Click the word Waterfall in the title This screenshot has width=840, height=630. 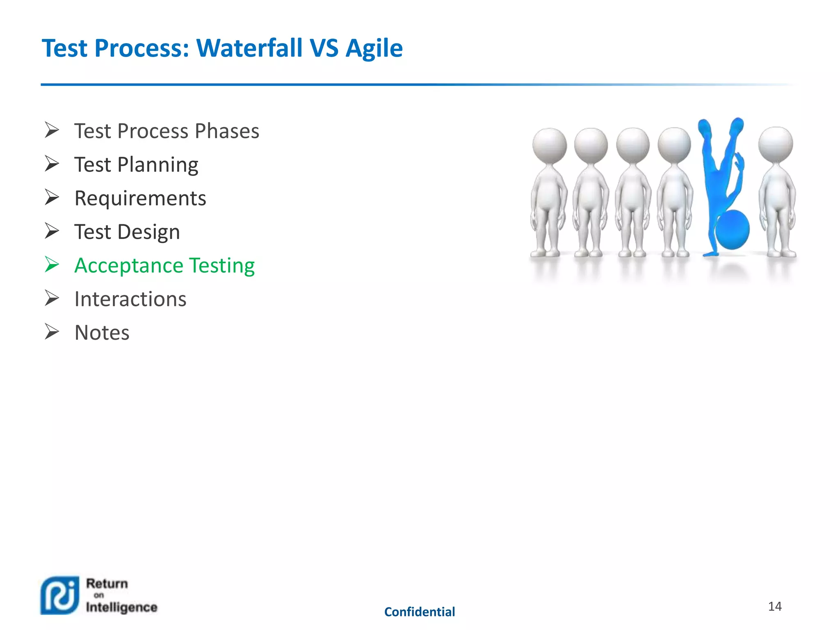point(249,48)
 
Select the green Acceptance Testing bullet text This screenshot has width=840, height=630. point(164,265)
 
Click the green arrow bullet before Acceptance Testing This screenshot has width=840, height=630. point(52,265)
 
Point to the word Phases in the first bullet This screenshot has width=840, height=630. point(227,131)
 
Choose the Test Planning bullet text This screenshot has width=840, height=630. point(136,165)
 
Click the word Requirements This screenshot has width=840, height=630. point(140,199)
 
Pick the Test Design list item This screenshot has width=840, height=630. point(127,232)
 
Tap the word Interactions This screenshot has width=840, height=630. point(130,299)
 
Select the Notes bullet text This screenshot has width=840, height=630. point(102,333)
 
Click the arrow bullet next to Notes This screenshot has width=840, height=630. point(52,332)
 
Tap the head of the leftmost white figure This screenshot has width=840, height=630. point(549,145)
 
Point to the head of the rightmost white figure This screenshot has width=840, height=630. point(775,144)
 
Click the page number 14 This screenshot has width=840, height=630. point(774,606)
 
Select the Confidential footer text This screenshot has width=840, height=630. point(420,612)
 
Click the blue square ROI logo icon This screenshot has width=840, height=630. point(60,595)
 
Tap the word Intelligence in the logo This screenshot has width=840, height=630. point(122,607)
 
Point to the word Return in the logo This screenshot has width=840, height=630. point(107,583)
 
